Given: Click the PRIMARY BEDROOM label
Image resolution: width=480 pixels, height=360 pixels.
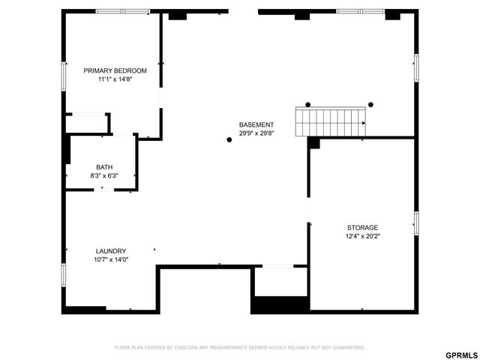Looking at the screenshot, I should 115,70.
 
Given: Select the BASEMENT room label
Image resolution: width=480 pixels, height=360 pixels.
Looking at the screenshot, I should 256,124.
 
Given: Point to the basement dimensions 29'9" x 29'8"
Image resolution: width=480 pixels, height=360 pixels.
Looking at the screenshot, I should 256,133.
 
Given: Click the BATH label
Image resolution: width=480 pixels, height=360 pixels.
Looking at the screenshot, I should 104,166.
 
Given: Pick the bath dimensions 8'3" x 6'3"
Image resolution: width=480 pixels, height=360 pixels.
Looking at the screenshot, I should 104,175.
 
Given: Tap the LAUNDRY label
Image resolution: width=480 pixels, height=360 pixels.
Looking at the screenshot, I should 111,251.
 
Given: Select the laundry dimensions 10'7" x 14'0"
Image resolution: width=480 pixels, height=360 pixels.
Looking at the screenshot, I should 111,260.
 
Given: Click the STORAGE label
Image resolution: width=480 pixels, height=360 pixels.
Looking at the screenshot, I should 362,227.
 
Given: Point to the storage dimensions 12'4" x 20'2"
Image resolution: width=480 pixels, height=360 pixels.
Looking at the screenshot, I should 362,236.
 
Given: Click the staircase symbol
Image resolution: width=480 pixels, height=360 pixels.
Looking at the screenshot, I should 331,121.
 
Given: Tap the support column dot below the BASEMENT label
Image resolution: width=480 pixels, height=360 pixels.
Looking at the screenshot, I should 229,139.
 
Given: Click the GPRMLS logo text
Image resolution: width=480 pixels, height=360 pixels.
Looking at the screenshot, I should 460,354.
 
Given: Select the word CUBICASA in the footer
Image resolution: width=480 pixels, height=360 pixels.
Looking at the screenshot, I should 194,347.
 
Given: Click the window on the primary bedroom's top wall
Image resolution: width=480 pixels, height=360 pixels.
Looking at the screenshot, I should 122,11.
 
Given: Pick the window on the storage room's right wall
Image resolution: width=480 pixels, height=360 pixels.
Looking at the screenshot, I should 416,223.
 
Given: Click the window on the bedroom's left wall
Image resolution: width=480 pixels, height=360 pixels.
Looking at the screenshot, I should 64,75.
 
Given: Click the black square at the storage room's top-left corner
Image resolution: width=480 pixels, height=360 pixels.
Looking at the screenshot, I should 313,142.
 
